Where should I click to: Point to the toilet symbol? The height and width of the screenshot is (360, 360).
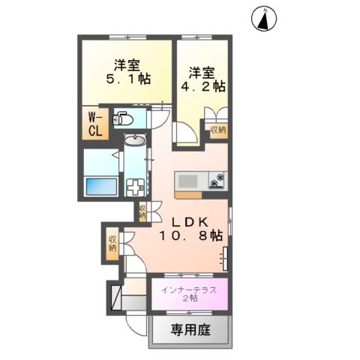123,118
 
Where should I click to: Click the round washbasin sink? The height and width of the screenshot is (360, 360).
135,140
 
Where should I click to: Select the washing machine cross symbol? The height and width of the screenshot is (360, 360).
135,187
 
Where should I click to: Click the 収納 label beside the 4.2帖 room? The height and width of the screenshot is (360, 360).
217,130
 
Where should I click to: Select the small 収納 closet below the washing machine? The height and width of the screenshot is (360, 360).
142,212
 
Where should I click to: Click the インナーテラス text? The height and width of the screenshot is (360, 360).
189,287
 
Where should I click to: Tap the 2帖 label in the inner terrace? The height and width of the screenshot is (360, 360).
188,298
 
